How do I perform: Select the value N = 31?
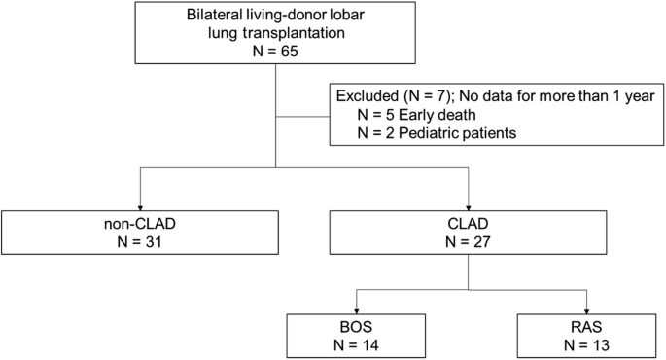click(141, 240)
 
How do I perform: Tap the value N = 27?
click(471, 240)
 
